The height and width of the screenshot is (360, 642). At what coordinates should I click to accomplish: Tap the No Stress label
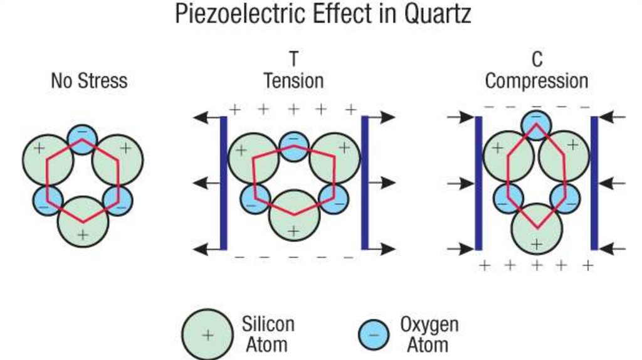click(89, 81)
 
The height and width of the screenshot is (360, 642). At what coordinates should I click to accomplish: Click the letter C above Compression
click(537, 60)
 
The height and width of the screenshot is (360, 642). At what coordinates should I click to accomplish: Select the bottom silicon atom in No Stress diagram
click(83, 222)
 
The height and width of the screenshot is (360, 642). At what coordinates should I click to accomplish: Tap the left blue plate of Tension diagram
click(223, 183)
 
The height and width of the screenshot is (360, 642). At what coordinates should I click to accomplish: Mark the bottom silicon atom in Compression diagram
click(536, 230)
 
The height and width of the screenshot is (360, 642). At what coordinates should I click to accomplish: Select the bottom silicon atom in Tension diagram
click(293, 216)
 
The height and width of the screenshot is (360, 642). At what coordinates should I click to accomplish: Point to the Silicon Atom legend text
click(268, 334)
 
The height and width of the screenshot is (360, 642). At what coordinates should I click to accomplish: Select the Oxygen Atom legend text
click(429, 334)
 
